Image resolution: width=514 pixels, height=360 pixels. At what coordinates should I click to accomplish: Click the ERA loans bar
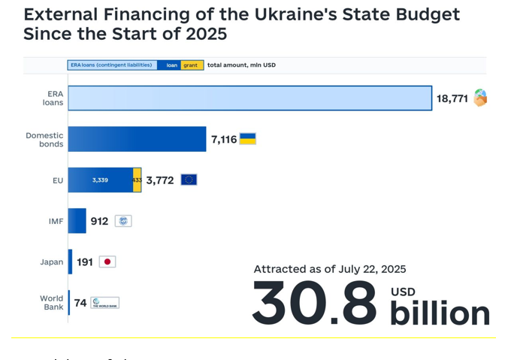click(249, 98)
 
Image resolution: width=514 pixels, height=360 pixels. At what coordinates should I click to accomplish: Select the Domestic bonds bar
click(137, 139)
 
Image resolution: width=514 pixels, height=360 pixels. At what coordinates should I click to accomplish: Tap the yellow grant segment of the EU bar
click(138, 180)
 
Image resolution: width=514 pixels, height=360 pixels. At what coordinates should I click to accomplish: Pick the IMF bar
click(77, 221)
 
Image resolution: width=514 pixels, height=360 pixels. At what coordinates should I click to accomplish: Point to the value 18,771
click(452, 98)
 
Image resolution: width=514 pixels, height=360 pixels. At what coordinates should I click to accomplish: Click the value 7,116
click(224, 139)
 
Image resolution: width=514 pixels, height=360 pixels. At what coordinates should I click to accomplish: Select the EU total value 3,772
click(160, 180)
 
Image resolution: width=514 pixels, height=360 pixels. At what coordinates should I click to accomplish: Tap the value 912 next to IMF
click(99, 221)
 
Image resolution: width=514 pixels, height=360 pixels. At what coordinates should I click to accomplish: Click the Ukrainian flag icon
click(248, 138)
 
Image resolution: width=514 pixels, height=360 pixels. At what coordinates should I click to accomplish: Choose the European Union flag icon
click(189, 180)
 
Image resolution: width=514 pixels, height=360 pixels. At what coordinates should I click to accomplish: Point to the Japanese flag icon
click(107, 262)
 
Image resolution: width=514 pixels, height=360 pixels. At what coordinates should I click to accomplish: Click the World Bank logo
click(105, 303)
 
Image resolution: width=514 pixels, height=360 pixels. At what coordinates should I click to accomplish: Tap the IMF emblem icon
click(123, 221)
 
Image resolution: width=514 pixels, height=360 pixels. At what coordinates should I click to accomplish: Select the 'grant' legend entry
click(191, 65)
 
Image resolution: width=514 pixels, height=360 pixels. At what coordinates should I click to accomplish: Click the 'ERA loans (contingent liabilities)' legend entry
click(112, 65)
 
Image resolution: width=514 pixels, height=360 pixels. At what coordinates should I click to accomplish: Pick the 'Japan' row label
click(52, 262)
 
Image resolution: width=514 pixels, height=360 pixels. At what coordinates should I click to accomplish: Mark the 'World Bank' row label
click(52, 303)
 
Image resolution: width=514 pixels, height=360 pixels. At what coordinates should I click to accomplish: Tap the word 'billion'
click(440, 313)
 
